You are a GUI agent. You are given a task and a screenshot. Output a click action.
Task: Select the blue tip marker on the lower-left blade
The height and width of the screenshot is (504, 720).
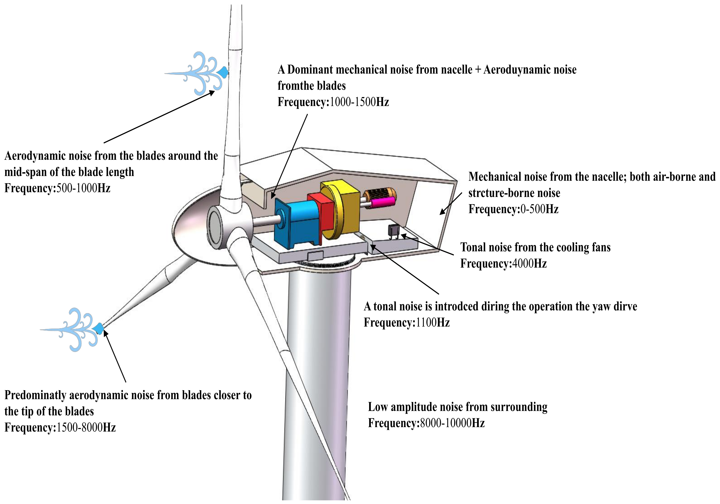point(99,328)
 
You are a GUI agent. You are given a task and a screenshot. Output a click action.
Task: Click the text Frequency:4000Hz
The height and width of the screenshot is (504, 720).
point(503,263)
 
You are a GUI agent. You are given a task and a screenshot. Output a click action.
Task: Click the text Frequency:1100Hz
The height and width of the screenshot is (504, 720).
point(407,322)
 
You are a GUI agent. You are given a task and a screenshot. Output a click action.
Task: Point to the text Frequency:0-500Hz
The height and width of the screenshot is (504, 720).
point(513,209)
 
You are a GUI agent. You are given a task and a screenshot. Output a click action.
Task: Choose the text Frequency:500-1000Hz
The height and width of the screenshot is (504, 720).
point(57,188)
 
